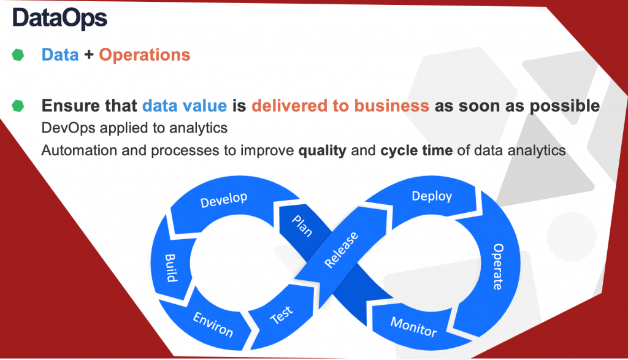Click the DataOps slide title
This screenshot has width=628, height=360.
(59, 18)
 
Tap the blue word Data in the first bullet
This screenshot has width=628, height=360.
(60, 55)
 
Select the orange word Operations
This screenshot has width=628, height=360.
(145, 55)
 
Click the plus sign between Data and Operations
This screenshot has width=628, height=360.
(89, 55)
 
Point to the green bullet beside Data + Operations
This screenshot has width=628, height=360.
(18, 55)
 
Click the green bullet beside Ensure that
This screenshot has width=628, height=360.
(18, 105)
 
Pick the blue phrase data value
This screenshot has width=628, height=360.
(185, 105)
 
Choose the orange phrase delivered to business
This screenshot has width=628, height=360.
(340, 105)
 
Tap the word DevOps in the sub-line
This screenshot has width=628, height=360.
(69, 128)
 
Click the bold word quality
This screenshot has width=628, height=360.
(323, 151)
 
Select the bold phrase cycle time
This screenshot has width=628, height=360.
(416, 151)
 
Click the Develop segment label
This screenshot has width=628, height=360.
(224, 199)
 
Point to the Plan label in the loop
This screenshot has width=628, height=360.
(302, 226)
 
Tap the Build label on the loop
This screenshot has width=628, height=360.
(171, 268)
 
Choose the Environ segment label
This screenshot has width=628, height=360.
(213, 324)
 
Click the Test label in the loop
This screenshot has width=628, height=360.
(281, 315)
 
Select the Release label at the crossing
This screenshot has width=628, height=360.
(341, 250)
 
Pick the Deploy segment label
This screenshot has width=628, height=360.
(432, 196)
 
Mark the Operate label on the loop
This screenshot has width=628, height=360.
(498, 267)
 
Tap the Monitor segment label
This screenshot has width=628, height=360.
(414, 327)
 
